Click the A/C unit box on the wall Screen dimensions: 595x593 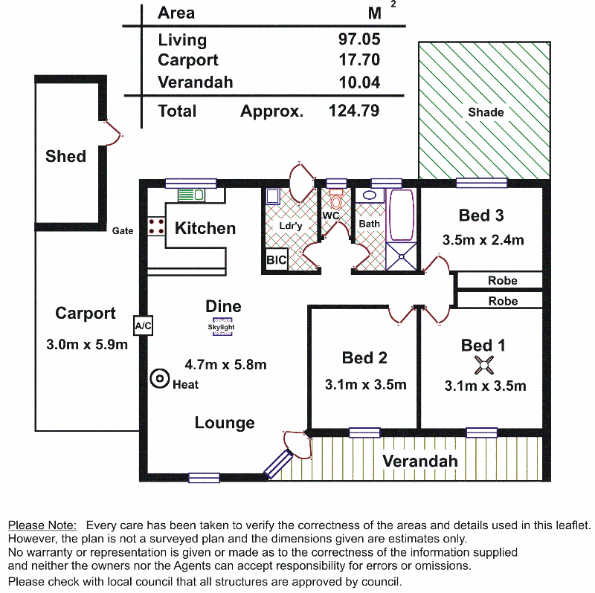[x=143, y=325]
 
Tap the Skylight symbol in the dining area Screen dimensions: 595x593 [x=222, y=327]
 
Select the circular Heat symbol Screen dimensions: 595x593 [x=159, y=378]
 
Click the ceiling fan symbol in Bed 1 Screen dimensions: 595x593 [x=484, y=365]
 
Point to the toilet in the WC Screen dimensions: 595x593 [x=335, y=199]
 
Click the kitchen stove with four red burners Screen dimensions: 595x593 [x=156, y=227]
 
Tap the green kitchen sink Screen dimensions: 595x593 [x=191, y=195]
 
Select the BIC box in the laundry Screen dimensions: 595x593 [x=276, y=260]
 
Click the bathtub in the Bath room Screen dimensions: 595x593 [x=401, y=215]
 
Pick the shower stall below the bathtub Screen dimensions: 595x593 [x=401, y=256]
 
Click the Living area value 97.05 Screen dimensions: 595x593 [x=359, y=39]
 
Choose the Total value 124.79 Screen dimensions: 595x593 [x=354, y=111]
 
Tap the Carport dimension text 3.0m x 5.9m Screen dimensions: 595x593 [x=87, y=344]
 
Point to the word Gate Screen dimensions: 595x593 [x=123, y=230]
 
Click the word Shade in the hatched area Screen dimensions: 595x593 [x=486, y=112]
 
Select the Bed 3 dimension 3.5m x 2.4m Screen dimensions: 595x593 [x=483, y=240]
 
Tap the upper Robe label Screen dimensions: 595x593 [x=503, y=281]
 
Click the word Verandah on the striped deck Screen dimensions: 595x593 [x=420, y=461]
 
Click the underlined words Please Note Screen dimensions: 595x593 [x=42, y=525]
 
